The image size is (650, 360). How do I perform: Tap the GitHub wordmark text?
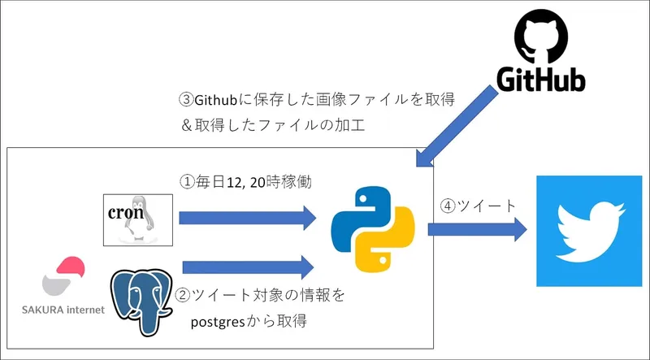pyautogui.click(x=540, y=80)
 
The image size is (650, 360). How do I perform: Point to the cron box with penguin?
pyautogui.click(x=138, y=219)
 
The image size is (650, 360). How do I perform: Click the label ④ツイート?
pyautogui.click(x=477, y=205)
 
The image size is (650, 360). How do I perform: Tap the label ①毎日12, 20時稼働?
pyautogui.click(x=249, y=182)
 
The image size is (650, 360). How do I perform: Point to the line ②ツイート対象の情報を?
pyautogui.click(x=260, y=295)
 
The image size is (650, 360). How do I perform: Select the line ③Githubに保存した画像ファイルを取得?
pyautogui.click(x=315, y=99)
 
